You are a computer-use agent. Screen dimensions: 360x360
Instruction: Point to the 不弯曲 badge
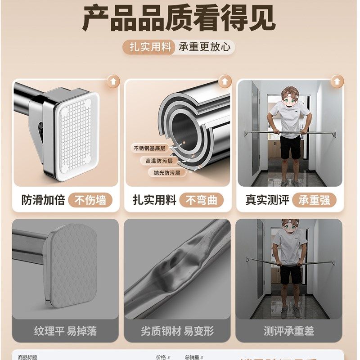pyautogui.click(x=202, y=200)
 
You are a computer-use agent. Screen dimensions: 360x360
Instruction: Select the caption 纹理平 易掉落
pyautogui.click(x=66, y=331)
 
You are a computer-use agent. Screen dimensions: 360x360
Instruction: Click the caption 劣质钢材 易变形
pyautogui.click(x=177, y=331)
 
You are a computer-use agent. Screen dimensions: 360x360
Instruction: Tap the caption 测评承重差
pyautogui.click(x=289, y=331)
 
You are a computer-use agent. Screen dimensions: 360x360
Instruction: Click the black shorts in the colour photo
pyautogui.click(x=290, y=148)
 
